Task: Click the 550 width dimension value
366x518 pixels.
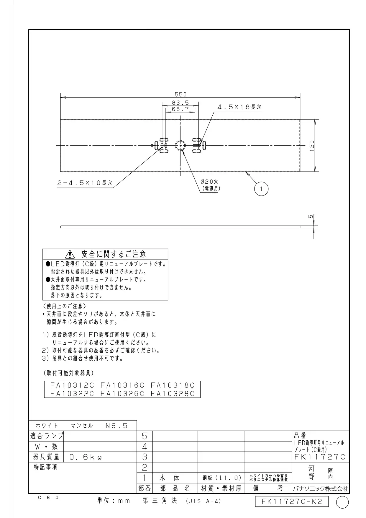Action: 180,94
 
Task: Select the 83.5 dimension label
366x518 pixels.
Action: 180,103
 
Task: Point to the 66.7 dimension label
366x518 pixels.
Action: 180,109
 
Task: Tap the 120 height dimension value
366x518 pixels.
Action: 312,146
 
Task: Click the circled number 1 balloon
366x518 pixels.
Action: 261,189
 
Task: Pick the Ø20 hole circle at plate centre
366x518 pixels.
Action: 180,145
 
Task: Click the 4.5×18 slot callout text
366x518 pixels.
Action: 239,107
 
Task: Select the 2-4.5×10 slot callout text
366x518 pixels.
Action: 85,183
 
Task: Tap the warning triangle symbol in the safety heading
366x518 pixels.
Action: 70,254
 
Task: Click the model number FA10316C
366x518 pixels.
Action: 122,385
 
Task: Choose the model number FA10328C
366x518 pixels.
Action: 173,394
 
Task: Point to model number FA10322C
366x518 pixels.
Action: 72,394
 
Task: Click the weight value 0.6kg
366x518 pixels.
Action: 86,457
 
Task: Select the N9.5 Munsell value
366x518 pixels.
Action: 116,426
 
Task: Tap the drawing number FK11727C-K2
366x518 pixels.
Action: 292,501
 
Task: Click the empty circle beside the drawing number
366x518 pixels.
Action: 342,502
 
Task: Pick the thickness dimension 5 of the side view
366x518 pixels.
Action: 311,216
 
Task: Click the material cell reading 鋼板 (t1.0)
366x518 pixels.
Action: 222,478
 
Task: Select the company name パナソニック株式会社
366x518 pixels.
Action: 320,489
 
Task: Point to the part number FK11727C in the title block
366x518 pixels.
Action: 320,457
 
